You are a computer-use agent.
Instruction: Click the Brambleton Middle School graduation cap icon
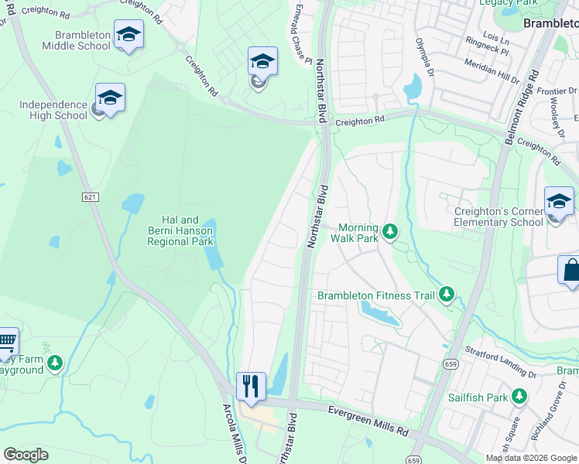[128, 35]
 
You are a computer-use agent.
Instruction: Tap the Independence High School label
[53, 110]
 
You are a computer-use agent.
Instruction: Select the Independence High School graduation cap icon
[110, 98]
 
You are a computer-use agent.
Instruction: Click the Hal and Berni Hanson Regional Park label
[180, 230]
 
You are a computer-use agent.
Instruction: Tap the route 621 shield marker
[91, 198]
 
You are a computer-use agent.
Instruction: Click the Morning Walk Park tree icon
[391, 231]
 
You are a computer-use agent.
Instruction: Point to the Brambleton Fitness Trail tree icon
[446, 295]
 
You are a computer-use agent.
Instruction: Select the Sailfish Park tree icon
[519, 397]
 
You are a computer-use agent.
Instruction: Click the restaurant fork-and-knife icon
[251, 386]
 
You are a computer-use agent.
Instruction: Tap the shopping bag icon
[570, 271]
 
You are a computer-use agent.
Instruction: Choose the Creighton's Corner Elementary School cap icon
[558, 203]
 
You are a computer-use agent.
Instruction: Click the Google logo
[26, 455]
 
